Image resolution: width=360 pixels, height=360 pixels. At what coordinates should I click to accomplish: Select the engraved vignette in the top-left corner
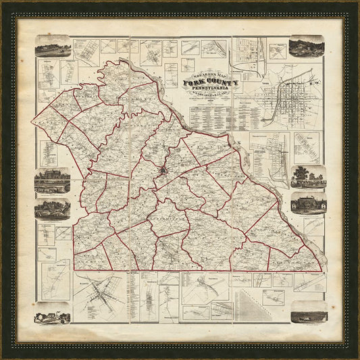coord(53,47)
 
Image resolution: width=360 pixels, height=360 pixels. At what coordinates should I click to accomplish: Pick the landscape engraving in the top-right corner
coord(306,46)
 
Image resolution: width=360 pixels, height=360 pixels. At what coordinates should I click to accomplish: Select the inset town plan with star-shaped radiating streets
coord(99,295)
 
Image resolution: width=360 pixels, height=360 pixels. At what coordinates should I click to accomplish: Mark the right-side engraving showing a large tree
coord(308,176)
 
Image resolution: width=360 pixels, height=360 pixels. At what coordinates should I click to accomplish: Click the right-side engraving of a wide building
coord(308,202)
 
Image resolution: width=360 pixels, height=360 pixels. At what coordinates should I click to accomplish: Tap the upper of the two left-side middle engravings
coord(53,180)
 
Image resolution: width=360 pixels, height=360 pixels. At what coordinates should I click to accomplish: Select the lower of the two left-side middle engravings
coord(53,209)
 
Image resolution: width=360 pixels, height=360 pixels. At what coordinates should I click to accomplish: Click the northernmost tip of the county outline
coord(122,61)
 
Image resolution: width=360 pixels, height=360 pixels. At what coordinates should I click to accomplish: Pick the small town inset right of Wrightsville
coord(306,148)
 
